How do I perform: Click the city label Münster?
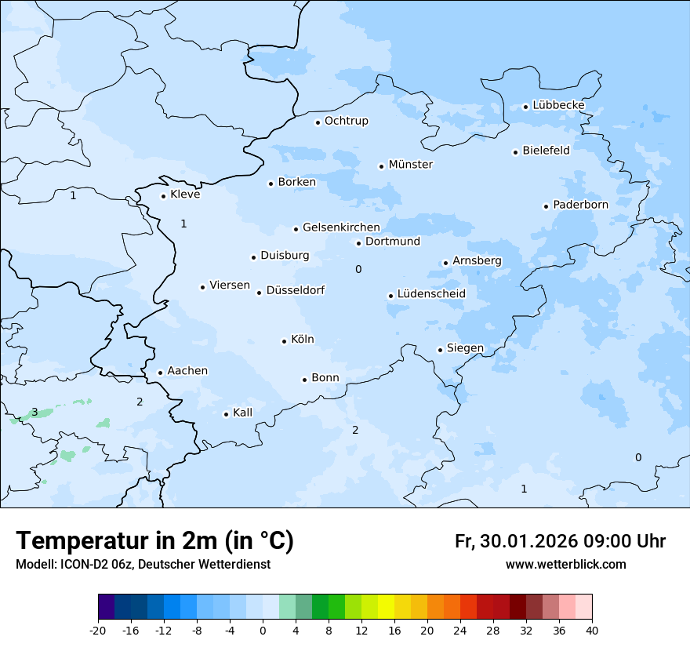click(x=410, y=165)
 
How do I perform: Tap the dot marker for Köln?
click(x=284, y=341)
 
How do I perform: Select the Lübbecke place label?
click(x=558, y=105)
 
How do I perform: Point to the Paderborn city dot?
click(x=546, y=206)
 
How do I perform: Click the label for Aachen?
click(x=187, y=371)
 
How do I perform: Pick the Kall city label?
click(x=242, y=413)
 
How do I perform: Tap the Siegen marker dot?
click(x=440, y=350)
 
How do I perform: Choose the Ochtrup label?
click(x=346, y=121)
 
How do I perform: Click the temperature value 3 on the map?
click(x=34, y=412)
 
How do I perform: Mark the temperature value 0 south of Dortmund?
click(x=358, y=269)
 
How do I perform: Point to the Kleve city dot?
click(x=163, y=196)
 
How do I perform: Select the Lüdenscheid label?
click(x=431, y=294)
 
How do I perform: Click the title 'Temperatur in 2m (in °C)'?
click(x=154, y=541)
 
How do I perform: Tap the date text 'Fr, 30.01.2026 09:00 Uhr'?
click(x=560, y=541)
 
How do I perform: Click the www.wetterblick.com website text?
click(x=565, y=565)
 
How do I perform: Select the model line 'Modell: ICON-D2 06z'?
click(x=143, y=565)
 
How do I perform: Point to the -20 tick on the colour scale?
click(x=98, y=631)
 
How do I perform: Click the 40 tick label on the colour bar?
click(x=592, y=631)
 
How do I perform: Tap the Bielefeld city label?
click(x=546, y=151)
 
